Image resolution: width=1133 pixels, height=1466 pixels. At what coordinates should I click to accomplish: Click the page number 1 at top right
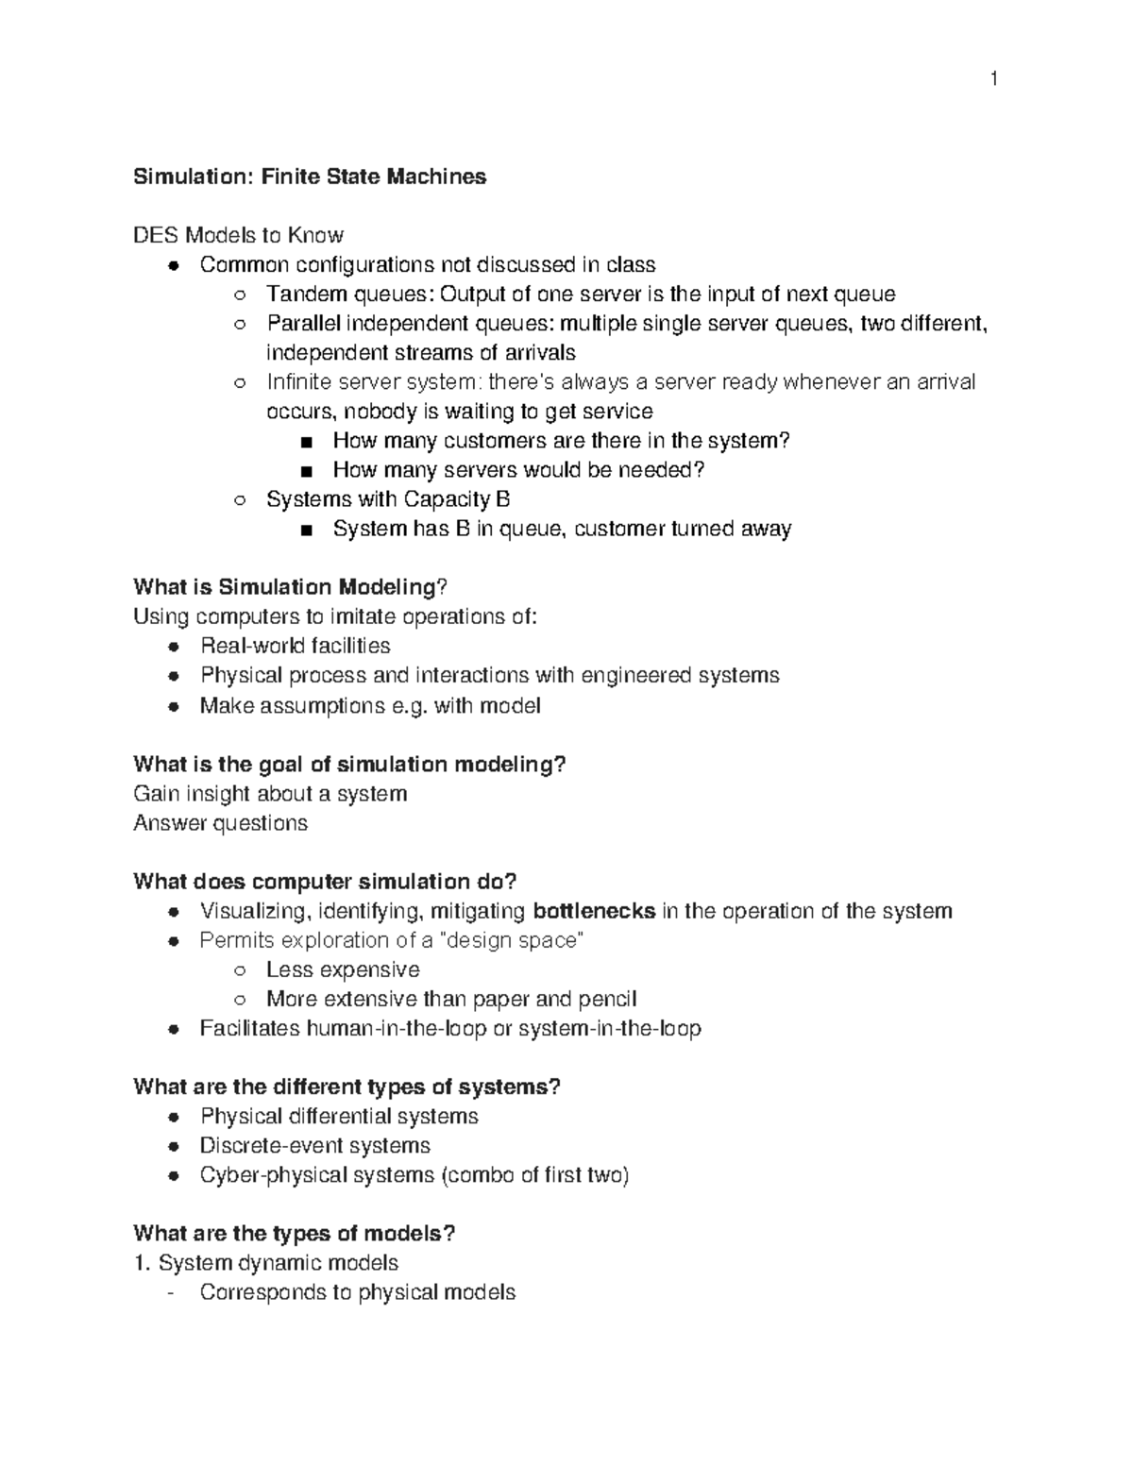tap(993, 79)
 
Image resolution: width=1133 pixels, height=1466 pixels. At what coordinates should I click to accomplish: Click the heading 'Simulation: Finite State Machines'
tap(310, 177)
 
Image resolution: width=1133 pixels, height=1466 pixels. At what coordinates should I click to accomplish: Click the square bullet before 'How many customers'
tap(305, 442)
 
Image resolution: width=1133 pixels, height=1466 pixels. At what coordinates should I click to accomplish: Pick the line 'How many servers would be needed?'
tap(518, 470)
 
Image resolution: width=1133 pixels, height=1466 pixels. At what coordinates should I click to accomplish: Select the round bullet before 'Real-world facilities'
tap(173, 647)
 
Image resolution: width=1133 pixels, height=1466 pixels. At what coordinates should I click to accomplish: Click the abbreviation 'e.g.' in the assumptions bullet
tap(409, 706)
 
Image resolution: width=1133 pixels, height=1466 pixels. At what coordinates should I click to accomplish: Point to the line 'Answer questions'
tap(220, 823)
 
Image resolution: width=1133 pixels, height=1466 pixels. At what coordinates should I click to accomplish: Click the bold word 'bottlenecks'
tap(594, 911)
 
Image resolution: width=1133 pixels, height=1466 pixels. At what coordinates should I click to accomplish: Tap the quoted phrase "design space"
tap(514, 940)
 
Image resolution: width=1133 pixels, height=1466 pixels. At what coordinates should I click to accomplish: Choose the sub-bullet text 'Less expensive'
tap(343, 969)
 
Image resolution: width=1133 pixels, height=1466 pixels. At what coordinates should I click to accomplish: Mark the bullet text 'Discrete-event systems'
tap(314, 1145)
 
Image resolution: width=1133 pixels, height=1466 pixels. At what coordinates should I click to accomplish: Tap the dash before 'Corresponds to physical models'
tap(170, 1293)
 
